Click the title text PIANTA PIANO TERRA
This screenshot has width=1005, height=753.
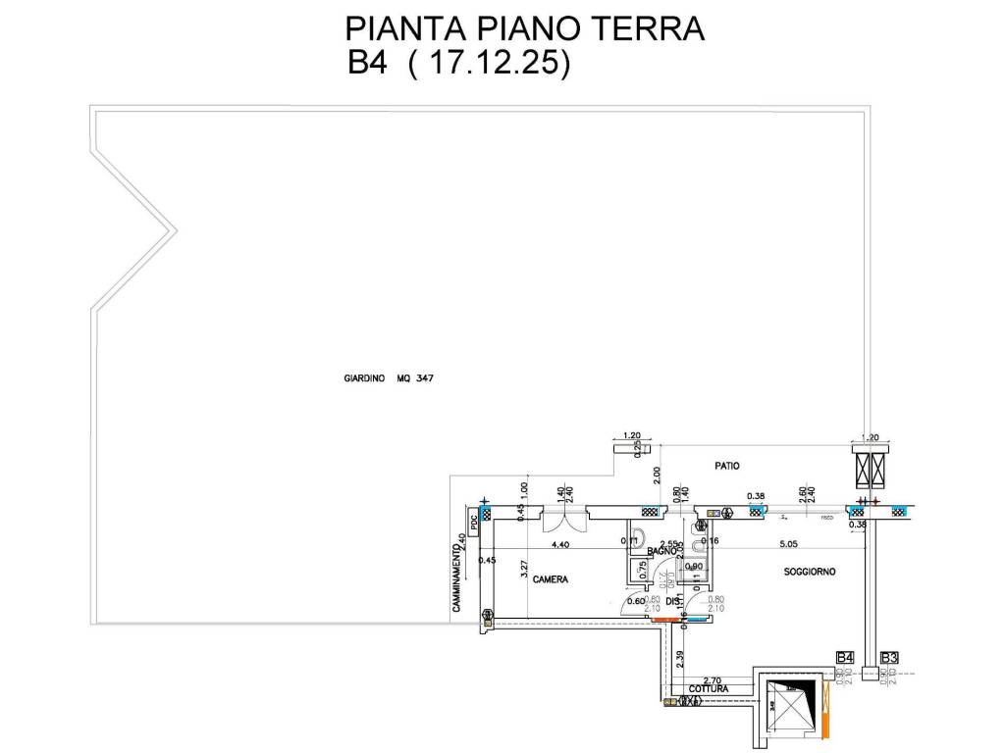(526, 27)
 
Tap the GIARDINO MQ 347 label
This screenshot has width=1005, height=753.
(389, 377)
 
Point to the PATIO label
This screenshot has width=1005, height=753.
(727, 467)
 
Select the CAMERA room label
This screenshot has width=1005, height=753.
(551, 579)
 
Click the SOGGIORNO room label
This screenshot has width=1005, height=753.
(809, 572)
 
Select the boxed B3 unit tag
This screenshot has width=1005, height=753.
(891, 657)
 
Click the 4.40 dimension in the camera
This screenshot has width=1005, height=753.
(560, 544)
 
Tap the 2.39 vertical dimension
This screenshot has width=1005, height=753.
(679, 658)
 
